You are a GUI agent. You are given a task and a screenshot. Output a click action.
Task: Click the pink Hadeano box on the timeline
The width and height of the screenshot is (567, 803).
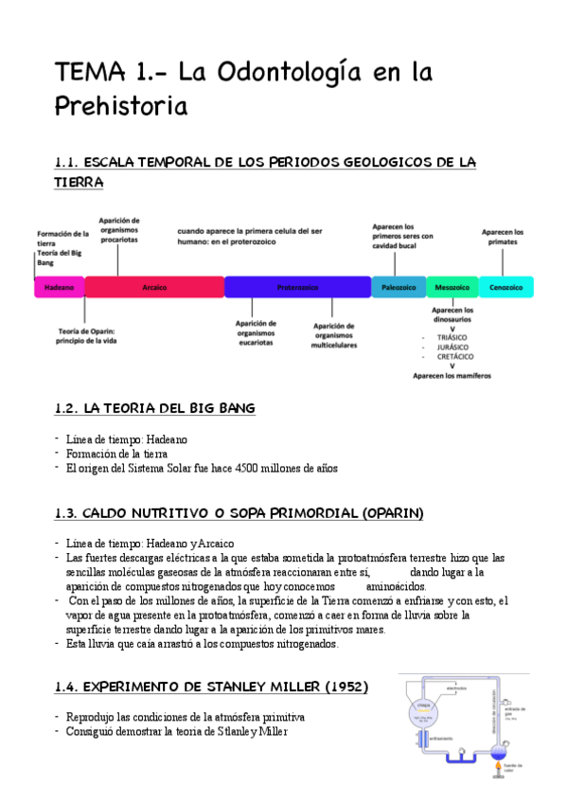tap(60, 286)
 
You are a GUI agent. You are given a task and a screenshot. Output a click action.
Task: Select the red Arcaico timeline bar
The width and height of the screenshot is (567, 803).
tap(154, 286)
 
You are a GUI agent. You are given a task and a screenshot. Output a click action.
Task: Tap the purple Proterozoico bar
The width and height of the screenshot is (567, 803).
tap(297, 286)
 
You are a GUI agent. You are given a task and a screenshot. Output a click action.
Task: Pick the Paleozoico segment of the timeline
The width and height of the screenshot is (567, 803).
tap(399, 286)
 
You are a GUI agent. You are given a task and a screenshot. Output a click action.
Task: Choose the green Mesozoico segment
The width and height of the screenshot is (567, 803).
tap(452, 286)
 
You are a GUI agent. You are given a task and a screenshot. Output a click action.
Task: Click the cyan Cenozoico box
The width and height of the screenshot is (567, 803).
tap(506, 286)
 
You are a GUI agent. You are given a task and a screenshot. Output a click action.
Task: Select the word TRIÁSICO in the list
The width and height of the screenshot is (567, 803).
tap(452, 337)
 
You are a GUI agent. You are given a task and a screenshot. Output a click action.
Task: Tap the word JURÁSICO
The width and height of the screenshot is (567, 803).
tap(452, 347)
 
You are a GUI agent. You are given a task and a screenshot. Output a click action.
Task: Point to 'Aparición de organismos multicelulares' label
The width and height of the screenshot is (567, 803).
tap(333, 335)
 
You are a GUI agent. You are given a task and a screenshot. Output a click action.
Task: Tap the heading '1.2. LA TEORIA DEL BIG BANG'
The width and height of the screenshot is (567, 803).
tap(154, 408)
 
